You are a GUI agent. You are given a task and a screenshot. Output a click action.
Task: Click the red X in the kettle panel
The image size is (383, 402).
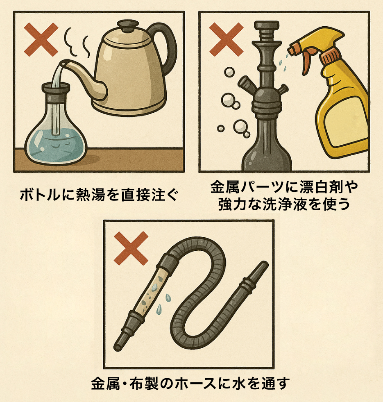tap(41, 39)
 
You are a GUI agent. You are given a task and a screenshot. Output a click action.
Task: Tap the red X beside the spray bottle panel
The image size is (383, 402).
tap(227, 39)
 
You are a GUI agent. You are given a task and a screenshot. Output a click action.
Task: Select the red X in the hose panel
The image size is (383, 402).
tap(131, 248)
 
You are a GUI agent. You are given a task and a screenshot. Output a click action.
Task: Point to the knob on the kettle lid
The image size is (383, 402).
tap(128, 26)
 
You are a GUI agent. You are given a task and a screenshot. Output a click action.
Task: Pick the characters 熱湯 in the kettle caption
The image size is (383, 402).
tap(91, 195)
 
